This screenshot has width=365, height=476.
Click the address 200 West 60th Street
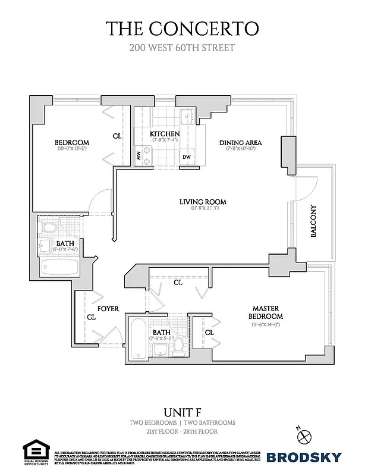(182, 47)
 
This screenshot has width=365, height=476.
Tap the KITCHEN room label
(165, 133)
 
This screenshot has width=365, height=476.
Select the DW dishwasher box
(186, 156)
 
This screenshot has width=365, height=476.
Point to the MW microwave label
(138, 156)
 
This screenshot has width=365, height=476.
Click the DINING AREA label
(240, 143)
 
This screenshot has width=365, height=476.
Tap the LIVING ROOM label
(203, 202)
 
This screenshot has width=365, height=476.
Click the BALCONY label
(314, 222)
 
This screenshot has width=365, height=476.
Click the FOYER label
(108, 309)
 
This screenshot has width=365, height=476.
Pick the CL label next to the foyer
(91, 318)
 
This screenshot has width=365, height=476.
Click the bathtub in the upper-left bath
(59, 267)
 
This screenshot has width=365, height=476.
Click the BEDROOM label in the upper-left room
(71, 142)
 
